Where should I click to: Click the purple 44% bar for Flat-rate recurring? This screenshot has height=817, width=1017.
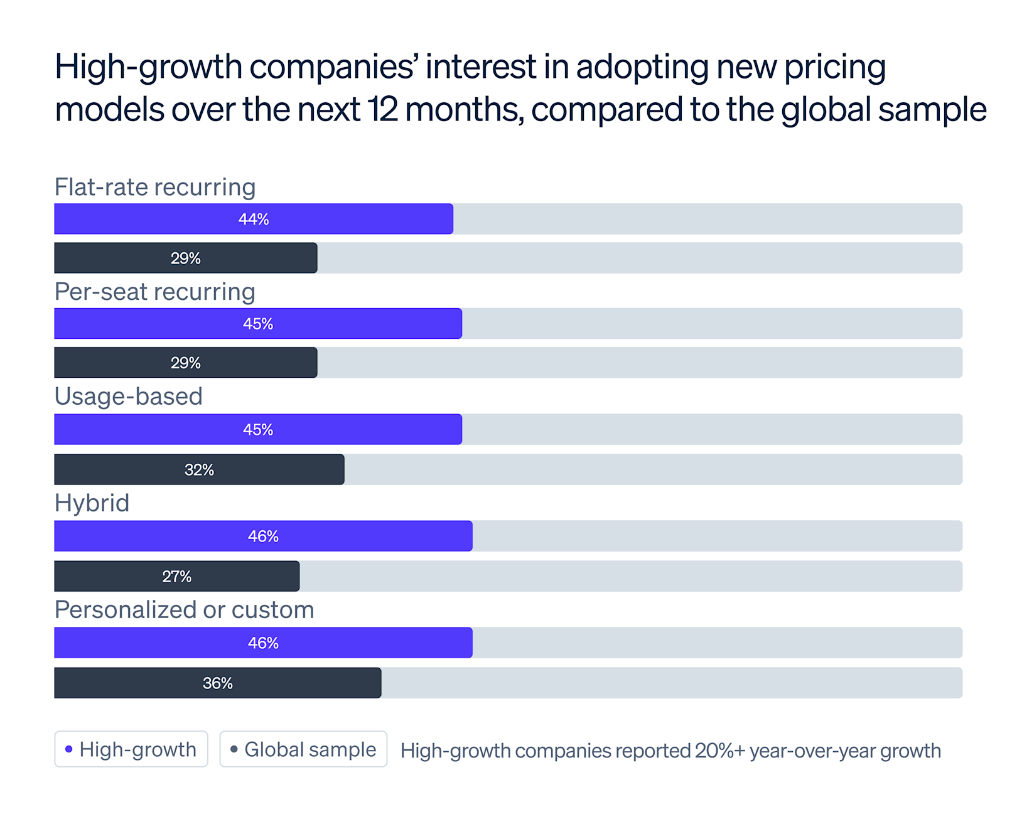coord(254,219)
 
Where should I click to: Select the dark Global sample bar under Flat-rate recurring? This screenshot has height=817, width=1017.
coord(186,258)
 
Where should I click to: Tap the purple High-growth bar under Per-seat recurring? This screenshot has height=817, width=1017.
coord(258,324)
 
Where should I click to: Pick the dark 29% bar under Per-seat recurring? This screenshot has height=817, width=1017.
coord(186,363)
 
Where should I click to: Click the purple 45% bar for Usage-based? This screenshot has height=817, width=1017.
coord(258,430)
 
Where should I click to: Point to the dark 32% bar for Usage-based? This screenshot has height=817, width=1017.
coord(199,469)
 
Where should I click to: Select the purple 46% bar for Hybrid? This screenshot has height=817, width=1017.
coord(263,537)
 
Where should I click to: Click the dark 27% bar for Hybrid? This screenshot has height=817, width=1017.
coord(177,576)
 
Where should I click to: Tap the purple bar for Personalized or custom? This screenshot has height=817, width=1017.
coord(263,643)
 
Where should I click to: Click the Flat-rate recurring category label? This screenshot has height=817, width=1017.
coord(155,187)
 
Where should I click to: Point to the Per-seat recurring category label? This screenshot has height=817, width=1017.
coord(155,292)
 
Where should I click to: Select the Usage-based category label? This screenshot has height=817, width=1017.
coord(129,397)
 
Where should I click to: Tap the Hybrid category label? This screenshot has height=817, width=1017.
coord(92,503)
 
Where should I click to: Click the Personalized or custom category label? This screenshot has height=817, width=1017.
coord(185,610)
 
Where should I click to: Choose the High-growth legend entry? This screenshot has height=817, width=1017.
coord(131,749)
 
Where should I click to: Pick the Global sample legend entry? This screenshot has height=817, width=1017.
coord(303,749)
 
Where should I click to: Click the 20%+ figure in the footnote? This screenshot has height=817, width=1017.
coord(719,750)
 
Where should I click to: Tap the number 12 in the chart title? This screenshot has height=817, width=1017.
coord(382,109)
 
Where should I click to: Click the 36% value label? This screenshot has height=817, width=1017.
coord(218,683)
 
